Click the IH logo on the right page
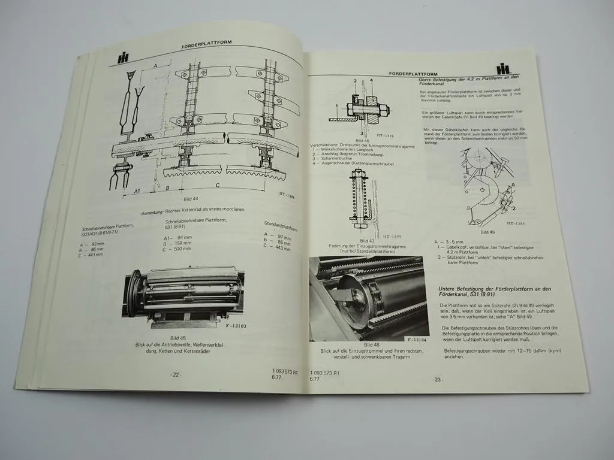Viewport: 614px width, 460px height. coord(502,69)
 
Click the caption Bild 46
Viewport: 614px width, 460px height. coord(354,140)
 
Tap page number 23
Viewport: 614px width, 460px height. coord(438,379)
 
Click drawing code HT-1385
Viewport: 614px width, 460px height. coord(516,223)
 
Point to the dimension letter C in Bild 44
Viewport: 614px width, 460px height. coord(217,186)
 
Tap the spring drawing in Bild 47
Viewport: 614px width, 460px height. coord(359,198)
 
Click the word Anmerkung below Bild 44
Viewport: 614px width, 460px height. coord(153,213)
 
